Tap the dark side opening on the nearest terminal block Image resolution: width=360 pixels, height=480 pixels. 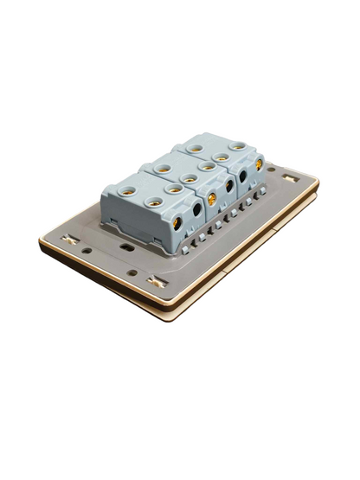tap(197, 209)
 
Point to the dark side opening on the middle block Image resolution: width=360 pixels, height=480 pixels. tap(229, 186)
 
